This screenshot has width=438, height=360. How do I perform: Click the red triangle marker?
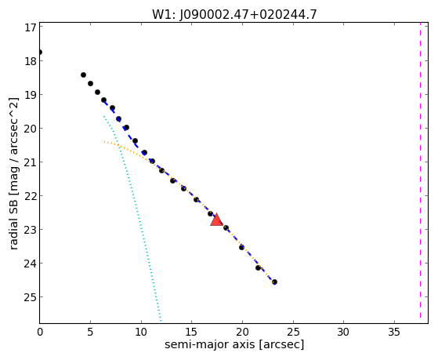[x=216, y=220]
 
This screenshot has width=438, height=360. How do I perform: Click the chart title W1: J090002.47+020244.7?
[x=234, y=15]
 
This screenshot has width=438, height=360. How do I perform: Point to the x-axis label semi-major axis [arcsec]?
[x=234, y=344]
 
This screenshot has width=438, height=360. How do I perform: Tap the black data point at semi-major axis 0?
[x=40, y=53]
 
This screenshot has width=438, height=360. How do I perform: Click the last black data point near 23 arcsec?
[x=274, y=282]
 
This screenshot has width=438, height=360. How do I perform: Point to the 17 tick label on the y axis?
[x=31, y=27]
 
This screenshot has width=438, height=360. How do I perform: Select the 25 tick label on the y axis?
[x=31, y=297]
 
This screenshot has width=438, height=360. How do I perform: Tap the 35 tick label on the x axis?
[x=394, y=332]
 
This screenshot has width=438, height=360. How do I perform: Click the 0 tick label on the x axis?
[x=40, y=332]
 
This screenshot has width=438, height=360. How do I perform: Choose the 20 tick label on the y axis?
[x=31, y=129]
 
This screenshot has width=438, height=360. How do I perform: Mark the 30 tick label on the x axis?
[x=343, y=332]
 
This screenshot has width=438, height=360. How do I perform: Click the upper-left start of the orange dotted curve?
[x=104, y=142]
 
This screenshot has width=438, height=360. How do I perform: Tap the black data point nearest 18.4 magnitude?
[x=83, y=75]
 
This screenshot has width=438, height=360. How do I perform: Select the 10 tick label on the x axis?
[x=141, y=332]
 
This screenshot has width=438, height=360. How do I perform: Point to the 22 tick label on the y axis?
[x=31, y=196]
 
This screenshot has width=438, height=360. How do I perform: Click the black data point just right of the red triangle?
[x=226, y=228]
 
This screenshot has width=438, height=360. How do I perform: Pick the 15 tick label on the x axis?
[x=192, y=332]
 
